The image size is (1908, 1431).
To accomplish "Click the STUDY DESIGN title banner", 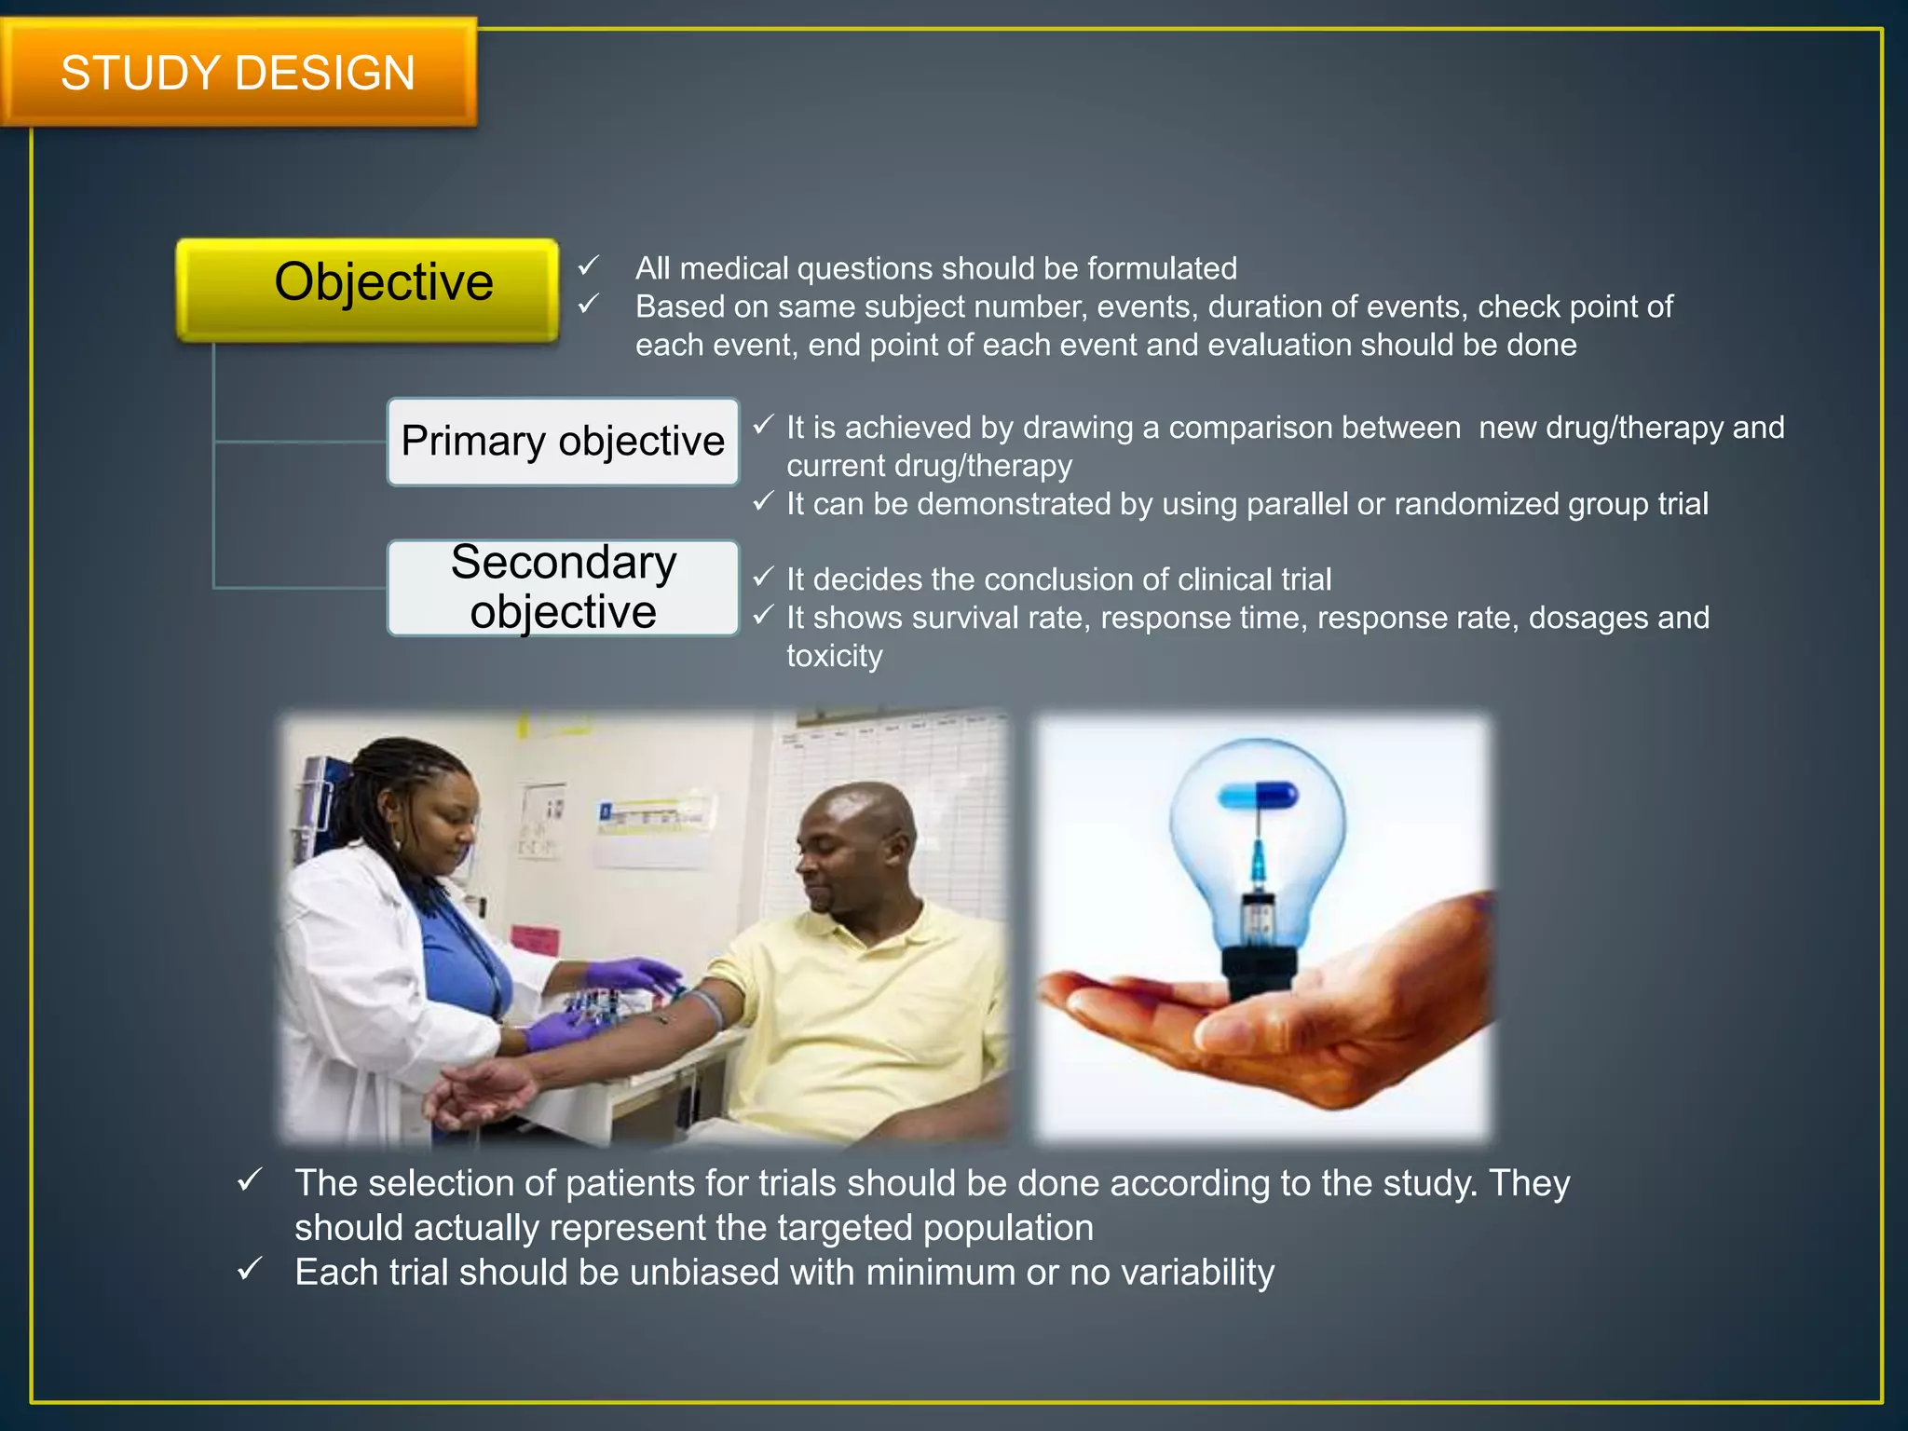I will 238,73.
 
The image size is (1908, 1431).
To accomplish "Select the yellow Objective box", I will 368,289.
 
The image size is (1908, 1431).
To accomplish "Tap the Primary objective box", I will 563,442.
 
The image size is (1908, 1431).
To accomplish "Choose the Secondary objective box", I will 563,588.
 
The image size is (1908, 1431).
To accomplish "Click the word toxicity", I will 834,656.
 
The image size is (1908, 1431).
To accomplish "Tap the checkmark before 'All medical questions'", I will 588,267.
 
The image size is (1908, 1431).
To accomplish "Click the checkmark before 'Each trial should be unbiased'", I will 250,1270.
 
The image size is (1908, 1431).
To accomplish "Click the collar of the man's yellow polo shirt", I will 876,932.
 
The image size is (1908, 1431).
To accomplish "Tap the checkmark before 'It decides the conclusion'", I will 763,578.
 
